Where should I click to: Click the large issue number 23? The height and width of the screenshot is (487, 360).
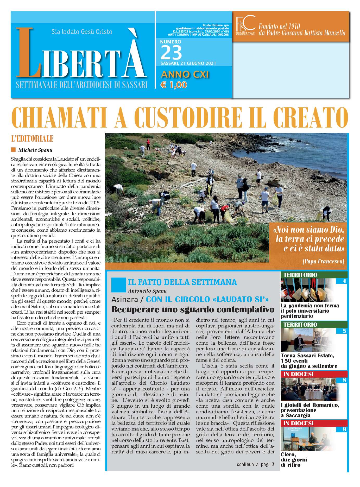click(171, 53)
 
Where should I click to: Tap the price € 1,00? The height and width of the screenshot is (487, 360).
click(174, 85)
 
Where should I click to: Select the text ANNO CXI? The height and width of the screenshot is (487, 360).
click(185, 74)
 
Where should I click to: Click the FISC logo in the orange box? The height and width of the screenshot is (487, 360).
click(245, 26)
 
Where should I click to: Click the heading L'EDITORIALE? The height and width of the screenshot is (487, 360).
click(32, 138)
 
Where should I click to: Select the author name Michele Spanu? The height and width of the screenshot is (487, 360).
click(35, 150)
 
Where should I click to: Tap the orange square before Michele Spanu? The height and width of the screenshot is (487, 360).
click(13, 150)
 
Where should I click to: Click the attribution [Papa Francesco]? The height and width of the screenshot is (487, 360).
click(323, 261)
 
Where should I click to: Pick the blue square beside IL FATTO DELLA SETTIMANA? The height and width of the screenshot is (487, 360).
click(118, 285)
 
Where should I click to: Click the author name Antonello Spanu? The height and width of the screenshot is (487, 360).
click(147, 291)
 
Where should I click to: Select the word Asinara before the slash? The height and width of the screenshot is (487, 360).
click(124, 299)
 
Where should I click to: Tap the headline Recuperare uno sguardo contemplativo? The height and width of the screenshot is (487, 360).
click(193, 309)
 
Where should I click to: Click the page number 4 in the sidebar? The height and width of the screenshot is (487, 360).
click(344, 281)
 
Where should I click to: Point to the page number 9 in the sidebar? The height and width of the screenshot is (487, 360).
click(344, 429)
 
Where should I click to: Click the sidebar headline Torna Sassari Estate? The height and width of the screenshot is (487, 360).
click(307, 356)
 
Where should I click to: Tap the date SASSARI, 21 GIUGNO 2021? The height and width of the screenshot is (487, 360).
click(188, 63)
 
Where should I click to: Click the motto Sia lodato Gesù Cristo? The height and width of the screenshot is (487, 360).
click(82, 32)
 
